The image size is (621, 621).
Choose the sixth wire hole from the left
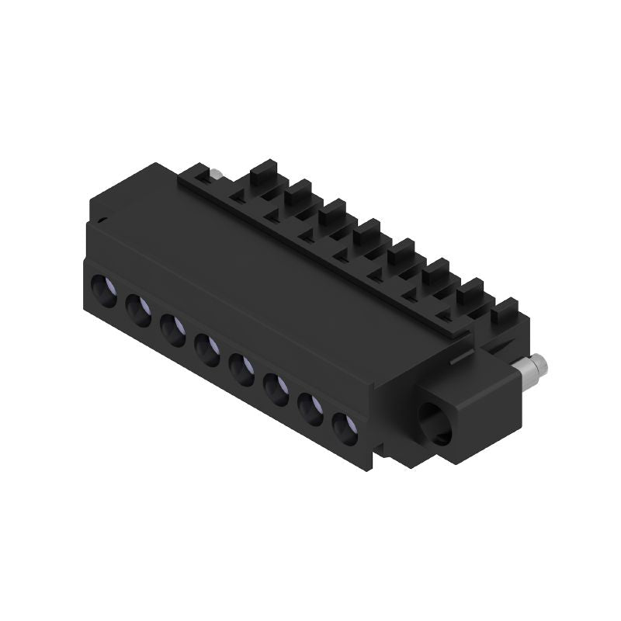coord(277,387)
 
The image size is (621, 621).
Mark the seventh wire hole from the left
coord(310,406)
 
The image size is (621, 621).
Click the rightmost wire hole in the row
coord(344,425)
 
